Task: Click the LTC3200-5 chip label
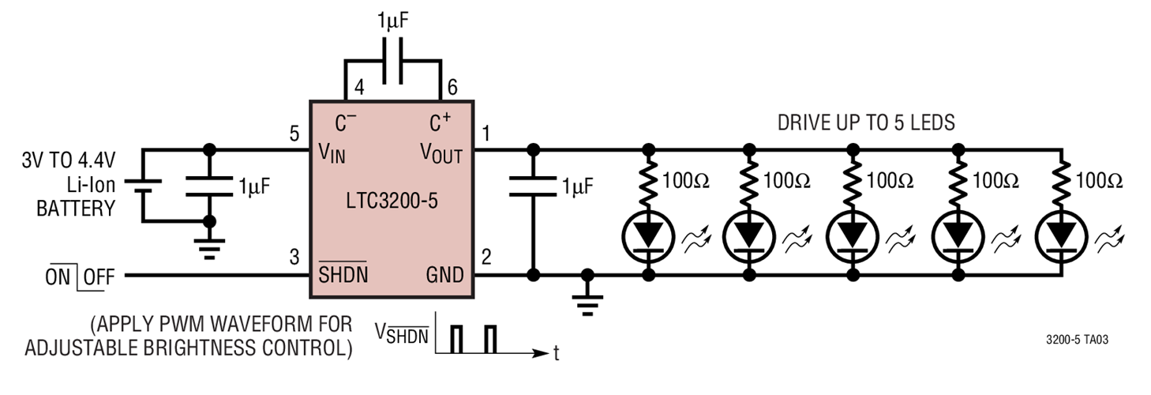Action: (391, 201)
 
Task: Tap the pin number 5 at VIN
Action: (295, 134)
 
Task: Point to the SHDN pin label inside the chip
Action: (343, 276)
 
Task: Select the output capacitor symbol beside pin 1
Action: (533, 186)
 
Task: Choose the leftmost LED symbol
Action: (648, 234)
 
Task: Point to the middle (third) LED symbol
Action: (853, 234)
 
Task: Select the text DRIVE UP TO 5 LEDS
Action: (866, 122)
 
